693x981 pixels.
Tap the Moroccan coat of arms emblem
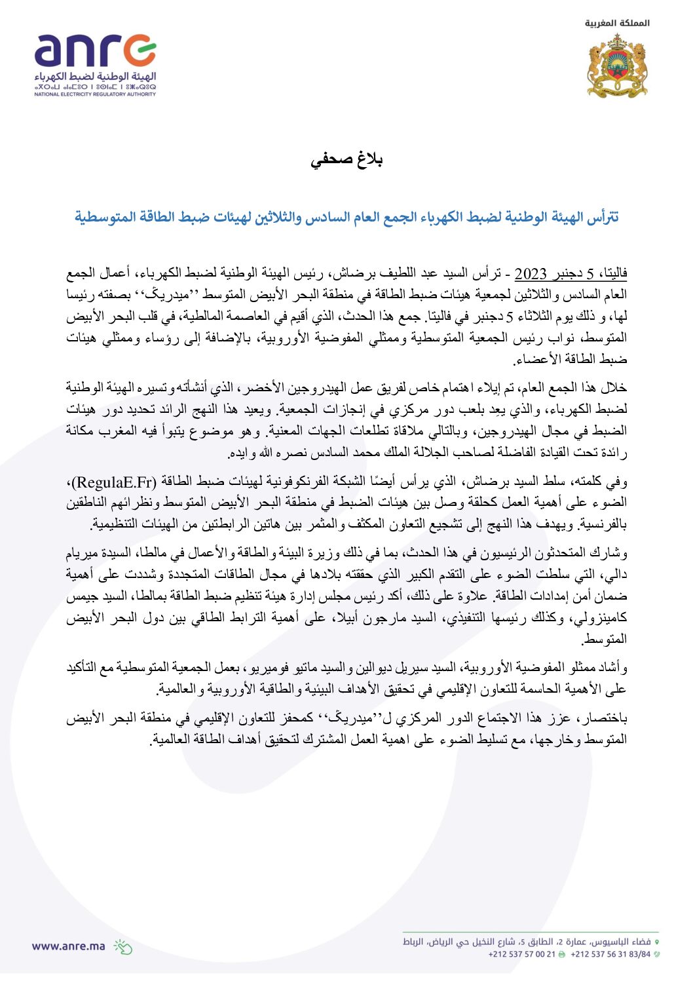[x=617, y=66]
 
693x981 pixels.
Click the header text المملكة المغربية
[x=617, y=23]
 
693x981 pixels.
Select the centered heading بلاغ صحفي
[x=346, y=160]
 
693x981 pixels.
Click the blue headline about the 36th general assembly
[x=346, y=217]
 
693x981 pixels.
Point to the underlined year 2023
[x=531, y=273]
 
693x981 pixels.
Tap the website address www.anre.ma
[x=68, y=946]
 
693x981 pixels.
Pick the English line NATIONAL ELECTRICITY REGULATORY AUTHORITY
[x=95, y=94]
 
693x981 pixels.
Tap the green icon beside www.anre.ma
[x=122, y=946]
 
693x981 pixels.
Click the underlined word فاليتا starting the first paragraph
[x=613, y=273]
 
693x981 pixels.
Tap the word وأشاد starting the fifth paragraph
[x=613, y=668]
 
